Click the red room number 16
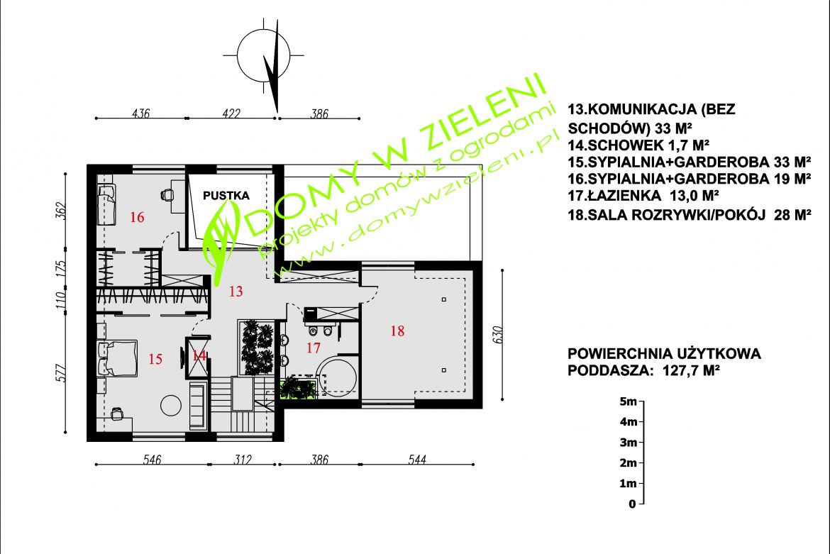tap(137, 217)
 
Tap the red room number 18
tap(397, 331)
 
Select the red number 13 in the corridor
tap(236, 291)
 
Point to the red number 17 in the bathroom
tap(314, 348)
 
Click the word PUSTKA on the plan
tap(226, 195)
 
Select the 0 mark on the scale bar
tap(632, 504)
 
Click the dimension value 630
tap(497, 334)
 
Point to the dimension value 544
tap(417, 459)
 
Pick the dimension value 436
tap(140, 113)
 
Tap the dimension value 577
tap(61, 373)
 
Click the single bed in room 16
tap(107, 204)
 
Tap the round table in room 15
tap(171, 405)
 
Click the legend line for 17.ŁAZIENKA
tap(643, 196)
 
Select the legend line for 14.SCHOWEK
tap(638, 145)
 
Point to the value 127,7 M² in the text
tap(691, 370)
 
